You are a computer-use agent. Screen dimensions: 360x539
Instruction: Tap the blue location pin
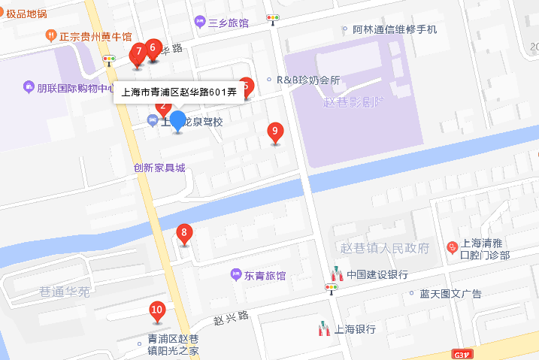point(177,120)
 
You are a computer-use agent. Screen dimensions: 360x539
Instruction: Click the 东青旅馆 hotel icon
point(235,276)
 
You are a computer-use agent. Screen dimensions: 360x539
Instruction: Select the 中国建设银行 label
point(377,274)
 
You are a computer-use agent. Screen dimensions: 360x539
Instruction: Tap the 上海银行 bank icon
point(324,328)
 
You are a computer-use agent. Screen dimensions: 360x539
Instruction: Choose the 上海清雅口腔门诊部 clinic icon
point(452,246)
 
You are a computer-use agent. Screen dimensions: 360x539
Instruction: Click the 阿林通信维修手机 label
point(395,30)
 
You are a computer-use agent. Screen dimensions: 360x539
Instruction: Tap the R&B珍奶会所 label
point(308,80)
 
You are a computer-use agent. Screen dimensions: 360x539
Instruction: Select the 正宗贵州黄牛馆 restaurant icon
point(51,35)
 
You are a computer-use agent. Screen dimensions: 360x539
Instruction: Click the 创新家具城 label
point(159,168)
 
